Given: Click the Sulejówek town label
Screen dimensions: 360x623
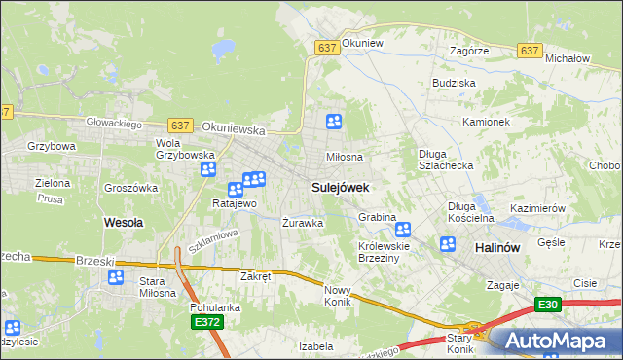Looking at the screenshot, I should point(339,186).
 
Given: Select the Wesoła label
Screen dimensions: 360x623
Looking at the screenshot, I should point(123,222).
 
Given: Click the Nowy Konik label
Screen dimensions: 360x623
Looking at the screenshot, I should point(337,296).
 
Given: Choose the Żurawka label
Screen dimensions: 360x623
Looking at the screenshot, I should point(302,223).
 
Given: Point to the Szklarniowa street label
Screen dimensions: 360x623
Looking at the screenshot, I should point(213,240).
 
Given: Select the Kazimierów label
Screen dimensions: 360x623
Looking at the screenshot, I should point(537,209).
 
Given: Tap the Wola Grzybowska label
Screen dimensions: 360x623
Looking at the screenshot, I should point(185,149).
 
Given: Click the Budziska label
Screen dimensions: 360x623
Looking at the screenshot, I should point(453,84).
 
